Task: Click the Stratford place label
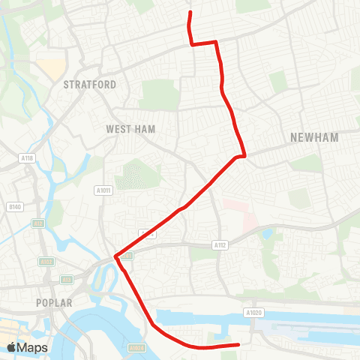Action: [x=90, y=85]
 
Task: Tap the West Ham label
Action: [x=130, y=130]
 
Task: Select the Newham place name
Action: [x=314, y=137]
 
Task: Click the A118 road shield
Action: [x=28, y=158]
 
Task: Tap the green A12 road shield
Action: [x=37, y=223]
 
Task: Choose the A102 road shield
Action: [x=46, y=262]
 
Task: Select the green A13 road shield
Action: [x=66, y=280]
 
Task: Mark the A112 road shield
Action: [x=220, y=244]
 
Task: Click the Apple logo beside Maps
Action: [x=12, y=347]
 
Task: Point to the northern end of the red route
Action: [x=190, y=13]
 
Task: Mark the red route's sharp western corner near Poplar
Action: [x=115, y=256]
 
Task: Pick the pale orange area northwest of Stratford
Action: [x=53, y=70]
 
